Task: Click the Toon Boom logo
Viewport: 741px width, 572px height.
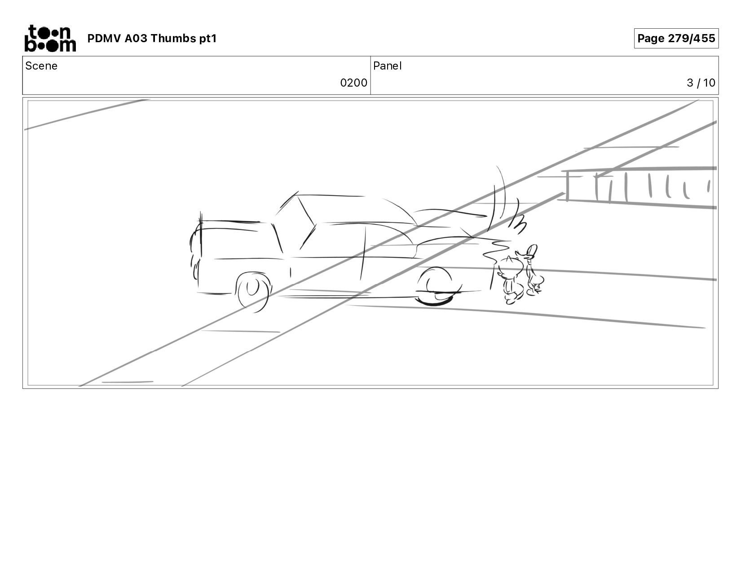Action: click(x=50, y=38)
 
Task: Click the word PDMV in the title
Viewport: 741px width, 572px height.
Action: click(x=104, y=38)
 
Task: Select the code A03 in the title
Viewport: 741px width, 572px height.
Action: click(x=135, y=38)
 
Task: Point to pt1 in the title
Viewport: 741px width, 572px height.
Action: click(x=208, y=39)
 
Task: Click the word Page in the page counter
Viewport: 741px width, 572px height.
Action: click(x=651, y=39)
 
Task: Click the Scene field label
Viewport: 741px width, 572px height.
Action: click(x=41, y=66)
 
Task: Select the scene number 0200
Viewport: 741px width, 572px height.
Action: click(x=353, y=83)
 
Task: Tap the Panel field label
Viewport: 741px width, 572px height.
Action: click(x=388, y=66)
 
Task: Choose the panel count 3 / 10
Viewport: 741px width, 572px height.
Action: click(x=701, y=83)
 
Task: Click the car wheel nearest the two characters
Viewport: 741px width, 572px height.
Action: click(x=435, y=287)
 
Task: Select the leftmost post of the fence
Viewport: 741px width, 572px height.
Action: click(x=568, y=186)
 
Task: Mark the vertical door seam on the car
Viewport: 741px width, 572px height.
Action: click(x=363, y=254)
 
